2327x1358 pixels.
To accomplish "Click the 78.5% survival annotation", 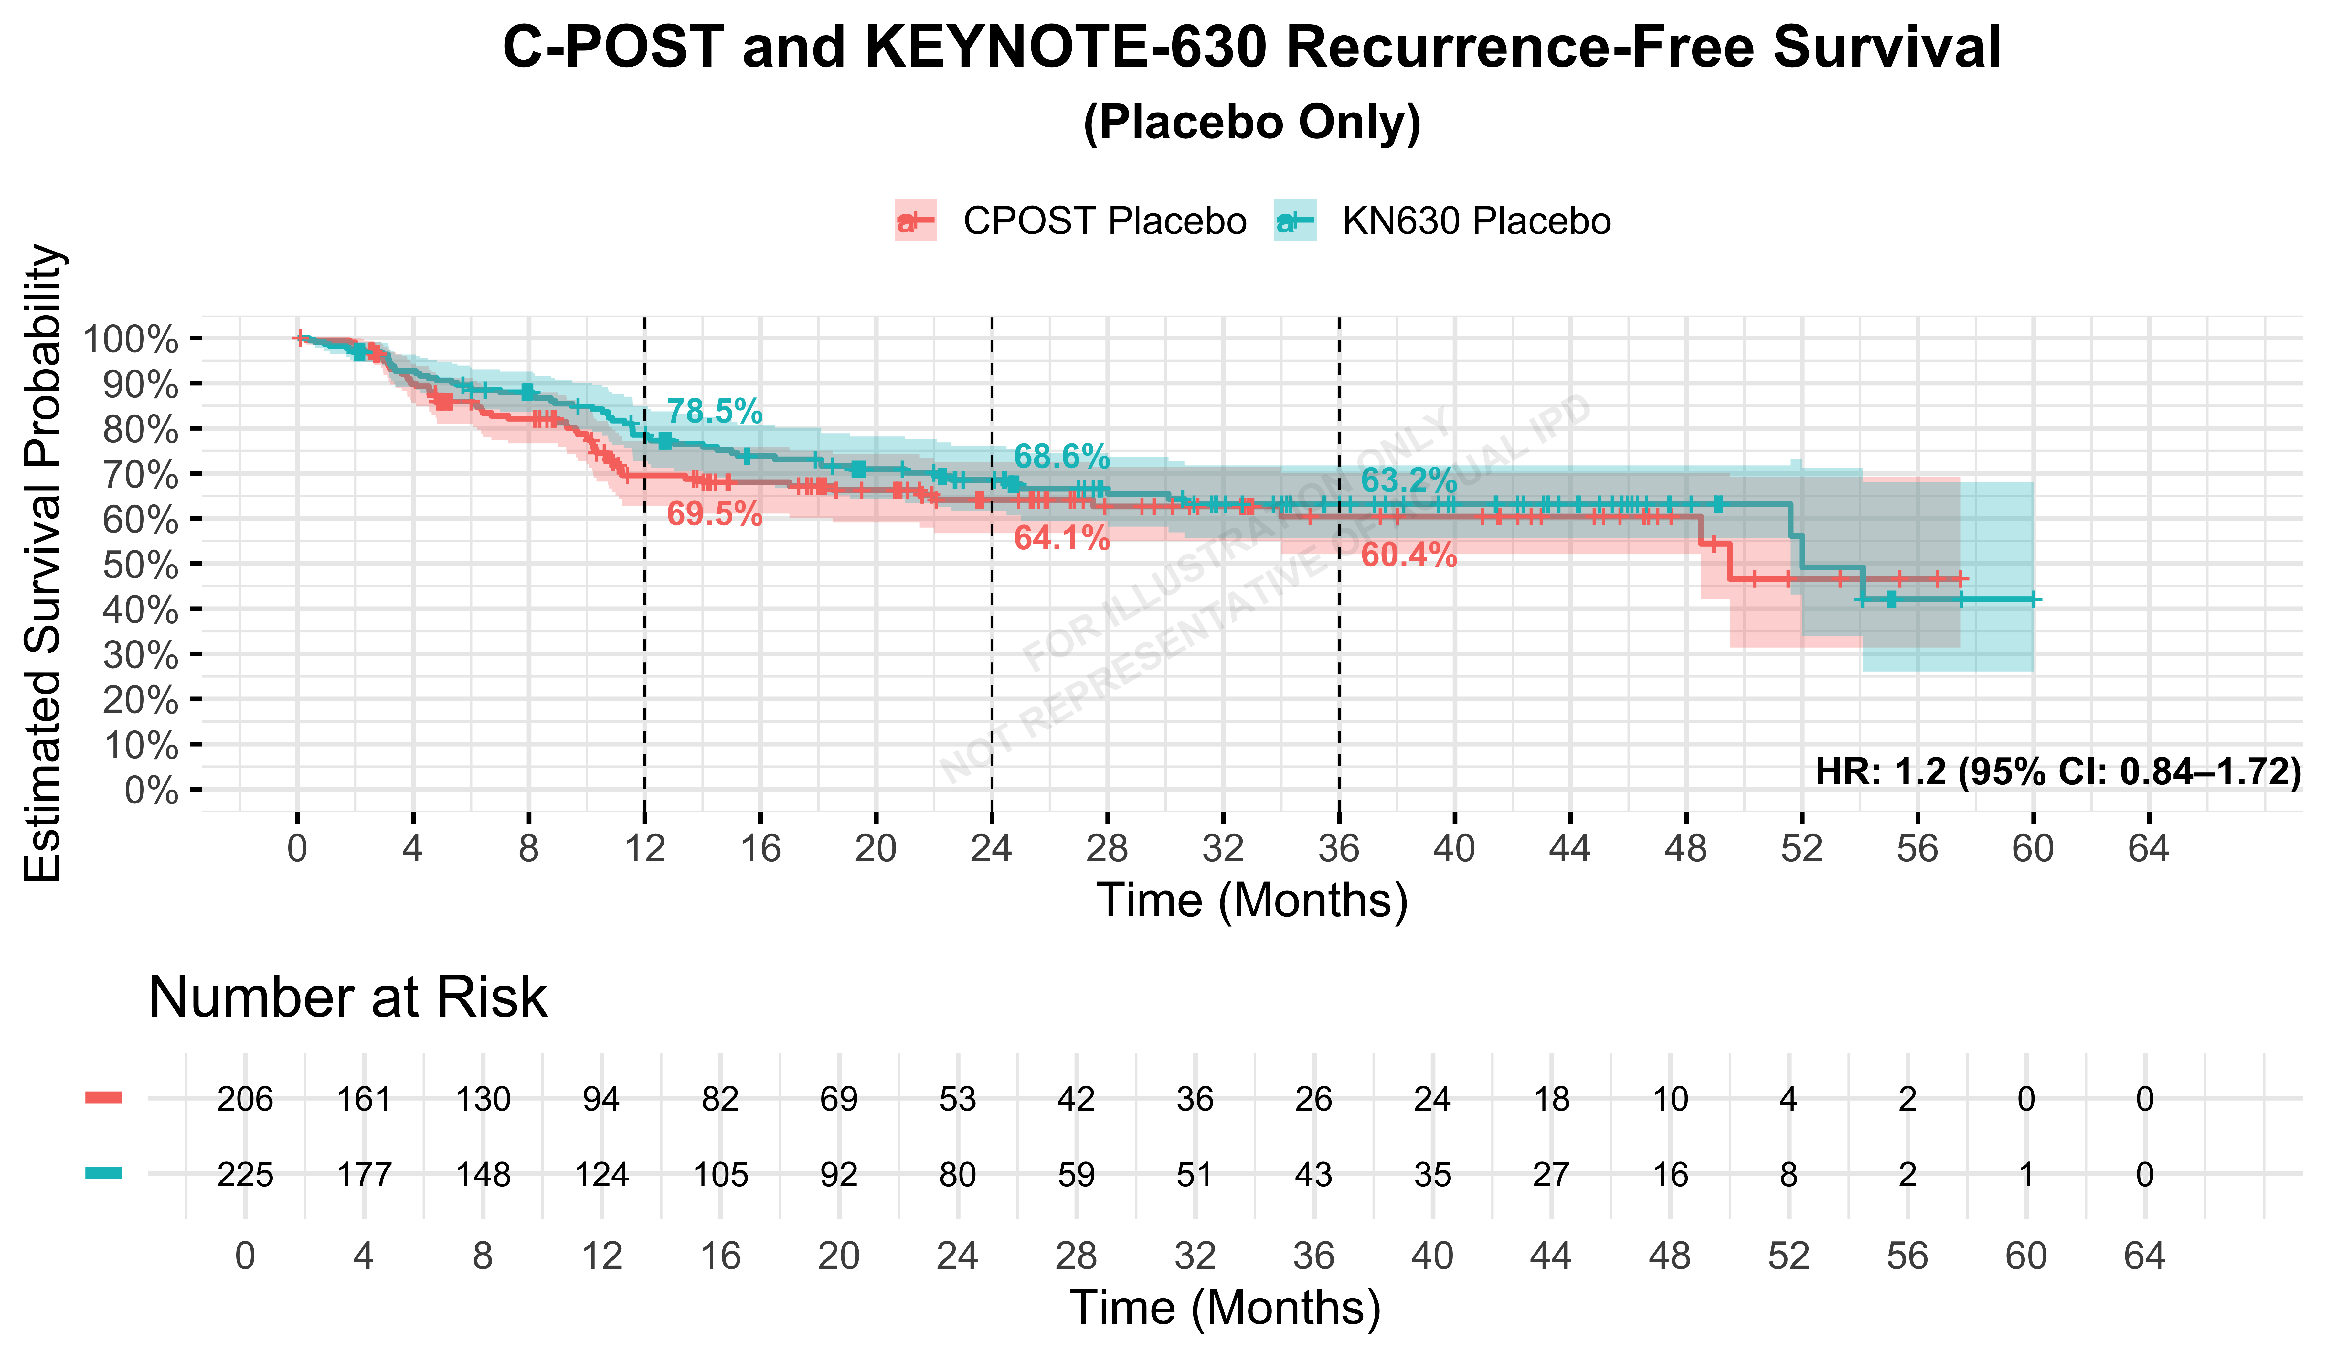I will click(715, 411).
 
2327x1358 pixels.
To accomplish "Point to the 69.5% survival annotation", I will click(715, 514).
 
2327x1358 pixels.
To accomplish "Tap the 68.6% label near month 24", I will click(1062, 456).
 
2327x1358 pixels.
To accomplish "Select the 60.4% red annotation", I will click(1409, 555).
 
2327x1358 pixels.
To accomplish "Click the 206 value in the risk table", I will click(245, 1099).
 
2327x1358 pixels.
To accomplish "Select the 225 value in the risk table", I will click(245, 1175).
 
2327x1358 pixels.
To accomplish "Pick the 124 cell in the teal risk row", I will click(601, 1175).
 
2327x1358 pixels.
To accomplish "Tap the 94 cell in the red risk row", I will click(601, 1099).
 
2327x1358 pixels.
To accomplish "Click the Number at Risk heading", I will click(348, 998).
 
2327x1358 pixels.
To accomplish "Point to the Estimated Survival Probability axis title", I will click(43, 564).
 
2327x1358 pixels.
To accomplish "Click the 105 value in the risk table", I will click(720, 1175).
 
